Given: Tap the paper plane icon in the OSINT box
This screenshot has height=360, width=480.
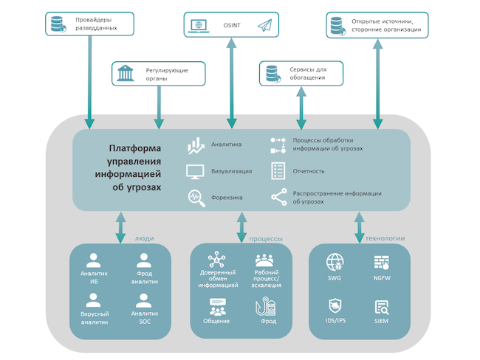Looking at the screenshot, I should pyautogui.click(x=264, y=26).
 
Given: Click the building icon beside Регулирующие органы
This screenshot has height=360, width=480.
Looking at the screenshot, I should pyautogui.click(x=126, y=74).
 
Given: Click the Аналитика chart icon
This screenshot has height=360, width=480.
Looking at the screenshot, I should pyautogui.click(x=196, y=145).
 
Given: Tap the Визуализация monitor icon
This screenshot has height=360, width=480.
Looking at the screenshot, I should pyautogui.click(x=196, y=171).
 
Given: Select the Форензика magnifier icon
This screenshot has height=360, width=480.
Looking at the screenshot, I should pyautogui.click(x=196, y=197).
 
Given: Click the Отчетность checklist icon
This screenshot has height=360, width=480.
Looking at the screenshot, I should pyautogui.click(x=278, y=170).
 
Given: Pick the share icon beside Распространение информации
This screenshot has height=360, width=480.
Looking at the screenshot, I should pyautogui.click(x=278, y=197).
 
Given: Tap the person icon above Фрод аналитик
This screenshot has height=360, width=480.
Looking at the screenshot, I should pyautogui.click(x=145, y=260).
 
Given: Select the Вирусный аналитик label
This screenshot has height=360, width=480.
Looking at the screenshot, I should pyautogui.click(x=94, y=317).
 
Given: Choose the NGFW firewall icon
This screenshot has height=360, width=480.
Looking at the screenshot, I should pyautogui.click(x=382, y=261).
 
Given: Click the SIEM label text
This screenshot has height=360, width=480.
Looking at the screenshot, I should pyautogui.click(x=382, y=321).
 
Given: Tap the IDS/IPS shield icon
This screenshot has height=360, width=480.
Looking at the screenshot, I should pyautogui.click(x=335, y=305).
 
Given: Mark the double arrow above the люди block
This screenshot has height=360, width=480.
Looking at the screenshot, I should pyautogui.click(x=120, y=227).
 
